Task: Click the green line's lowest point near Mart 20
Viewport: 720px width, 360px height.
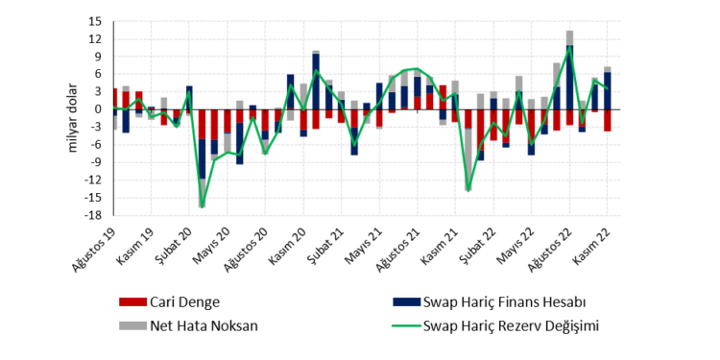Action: tap(202, 205)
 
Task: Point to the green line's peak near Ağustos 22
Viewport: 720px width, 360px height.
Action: tap(570, 48)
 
